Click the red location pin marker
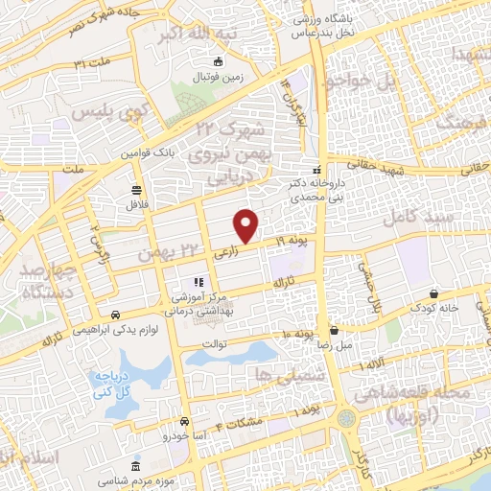coord(247,225)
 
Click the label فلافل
coord(131,204)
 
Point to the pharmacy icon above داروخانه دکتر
coord(317,169)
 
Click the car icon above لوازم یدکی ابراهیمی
coord(116,316)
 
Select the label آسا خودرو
coord(183,436)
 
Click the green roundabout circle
coord(344,419)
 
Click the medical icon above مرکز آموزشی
coord(199,283)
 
